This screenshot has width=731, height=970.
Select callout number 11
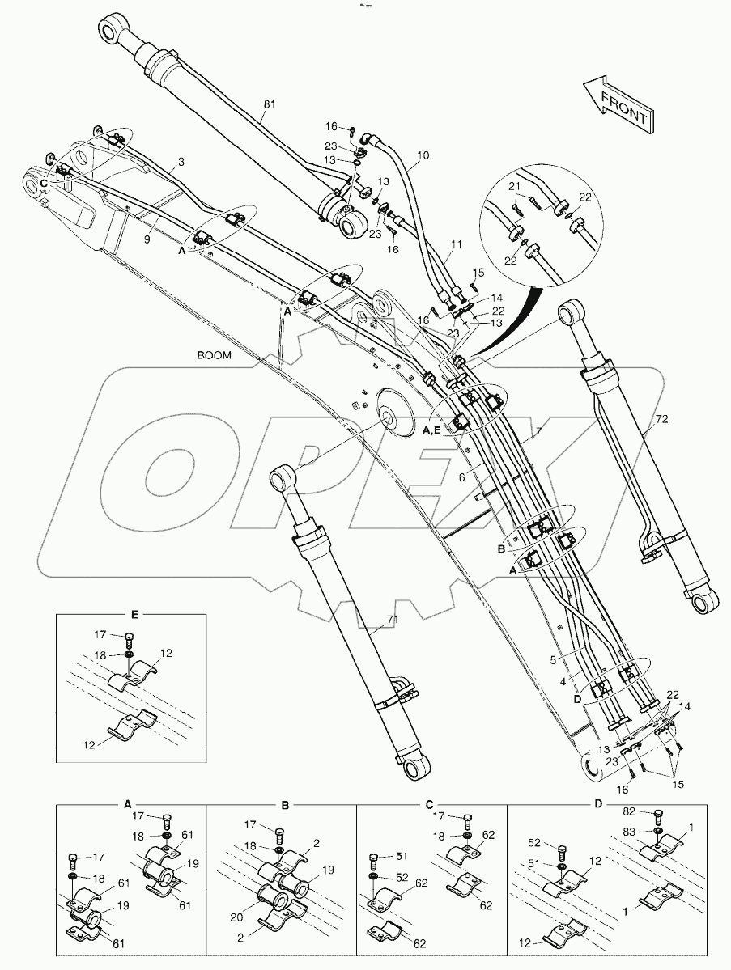click(x=457, y=243)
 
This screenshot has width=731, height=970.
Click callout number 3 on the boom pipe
click(x=181, y=162)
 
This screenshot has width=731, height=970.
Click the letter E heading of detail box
click(x=134, y=615)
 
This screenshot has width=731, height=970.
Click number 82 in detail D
click(x=630, y=810)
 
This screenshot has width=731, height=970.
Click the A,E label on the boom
click(x=431, y=431)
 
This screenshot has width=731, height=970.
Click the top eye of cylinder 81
click(x=112, y=32)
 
